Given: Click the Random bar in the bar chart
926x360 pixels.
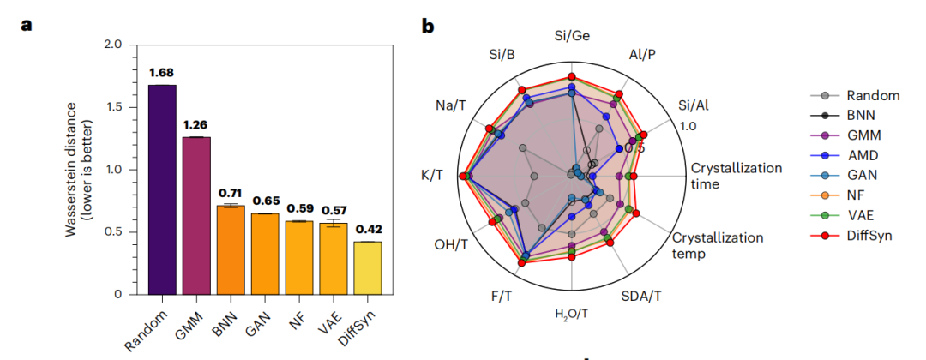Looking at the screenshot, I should pos(162,189).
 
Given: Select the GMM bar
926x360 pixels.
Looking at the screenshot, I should pos(196,215).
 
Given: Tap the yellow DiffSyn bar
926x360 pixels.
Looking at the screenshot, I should pos(368,267).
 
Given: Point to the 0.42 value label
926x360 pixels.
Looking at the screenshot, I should pos(369,229).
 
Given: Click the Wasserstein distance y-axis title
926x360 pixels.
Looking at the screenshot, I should pos(80,167).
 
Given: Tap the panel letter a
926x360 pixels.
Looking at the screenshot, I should pos(27,24).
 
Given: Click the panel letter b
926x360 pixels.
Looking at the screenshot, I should pos(428,26).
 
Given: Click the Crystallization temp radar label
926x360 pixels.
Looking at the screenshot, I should pos(717,245).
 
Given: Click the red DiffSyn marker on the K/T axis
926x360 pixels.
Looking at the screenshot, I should pos(463,177).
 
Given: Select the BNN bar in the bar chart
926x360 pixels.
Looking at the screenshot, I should pos(231,249).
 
